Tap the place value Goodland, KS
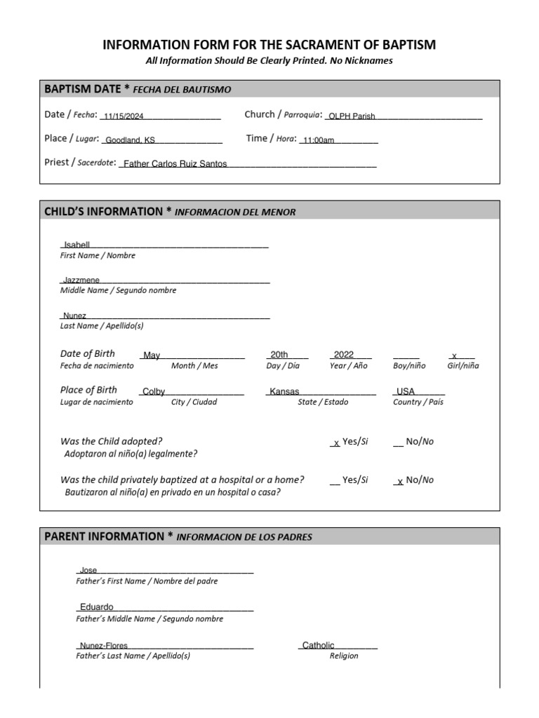(x=130, y=141)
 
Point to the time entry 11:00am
(x=319, y=141)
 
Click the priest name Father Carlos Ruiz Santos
(x=175, y=164)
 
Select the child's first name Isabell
(x=76, y=245)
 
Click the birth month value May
(x=152, y=356)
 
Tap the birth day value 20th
(x=279, y=355)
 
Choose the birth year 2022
(x=344, y=355)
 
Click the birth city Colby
(x=154, y=392)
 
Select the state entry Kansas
(x=284, y=392)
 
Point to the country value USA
(x=406, y=392)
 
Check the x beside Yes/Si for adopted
(x=336, y=443)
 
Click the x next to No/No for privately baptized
(x=399, y=482)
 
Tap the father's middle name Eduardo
(x=97, y=607)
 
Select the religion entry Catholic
(x=319, y=646)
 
